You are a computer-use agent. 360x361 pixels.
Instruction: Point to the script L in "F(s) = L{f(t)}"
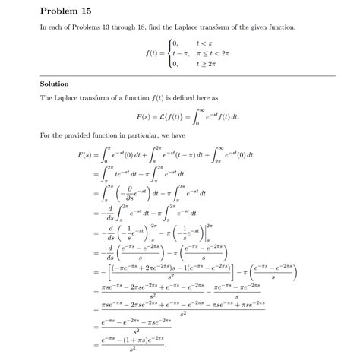click(x=157, y=118)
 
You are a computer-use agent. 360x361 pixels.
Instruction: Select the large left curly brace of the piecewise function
click(x=170, y=54)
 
